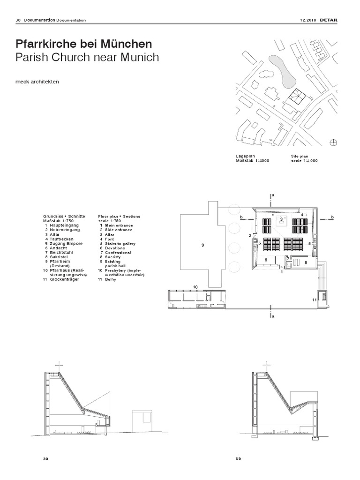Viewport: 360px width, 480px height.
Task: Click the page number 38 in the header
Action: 18,20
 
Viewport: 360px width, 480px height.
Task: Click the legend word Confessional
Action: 118,253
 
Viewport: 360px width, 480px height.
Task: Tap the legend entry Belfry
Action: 111,279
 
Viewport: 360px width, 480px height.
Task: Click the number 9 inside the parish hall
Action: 203,246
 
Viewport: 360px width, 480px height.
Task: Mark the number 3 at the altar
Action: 281,219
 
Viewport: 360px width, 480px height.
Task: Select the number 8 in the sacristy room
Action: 305,262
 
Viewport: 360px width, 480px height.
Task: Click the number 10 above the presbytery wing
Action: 195,286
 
